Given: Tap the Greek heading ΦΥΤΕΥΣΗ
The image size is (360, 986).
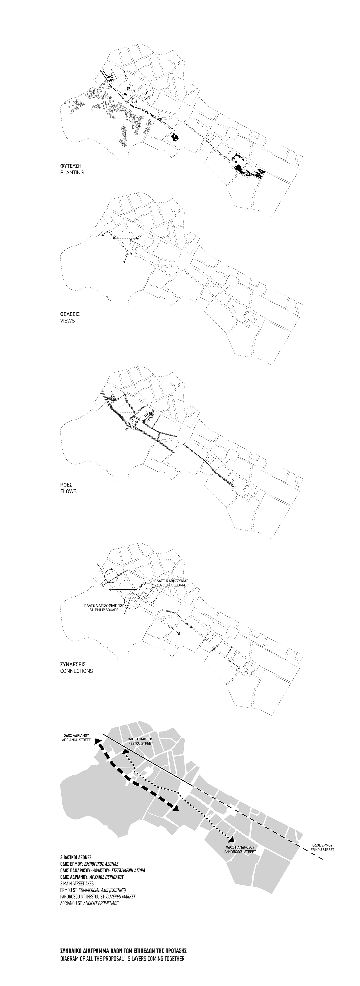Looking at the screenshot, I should tap(71, 166).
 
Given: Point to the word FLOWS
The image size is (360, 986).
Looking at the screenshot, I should tap(68, 491).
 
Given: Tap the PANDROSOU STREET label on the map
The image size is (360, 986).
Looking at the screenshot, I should tap(240, 852).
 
